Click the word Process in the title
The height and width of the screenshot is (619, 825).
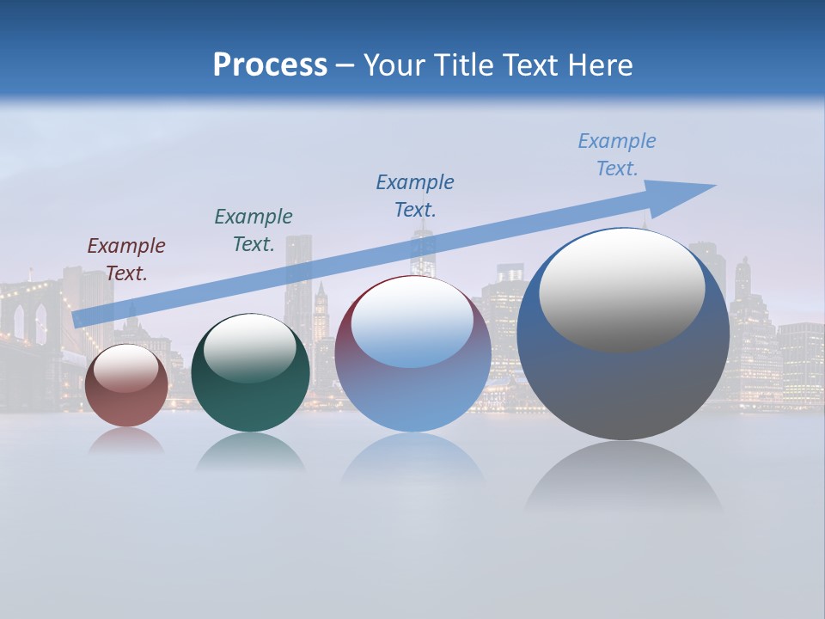(x=270, y=65)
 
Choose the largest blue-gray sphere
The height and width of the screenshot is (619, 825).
(x=623, y=378)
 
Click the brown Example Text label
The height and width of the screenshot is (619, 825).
(x=126, y=259)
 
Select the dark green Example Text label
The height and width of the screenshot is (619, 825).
(x=254, y=230)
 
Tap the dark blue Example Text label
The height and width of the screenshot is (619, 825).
(x=415, y=195)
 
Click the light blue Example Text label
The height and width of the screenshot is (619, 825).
(x=617, y=154)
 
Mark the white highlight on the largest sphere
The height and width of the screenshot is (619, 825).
(x=621, y=288)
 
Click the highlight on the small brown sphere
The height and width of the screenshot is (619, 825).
(x=126, y=368)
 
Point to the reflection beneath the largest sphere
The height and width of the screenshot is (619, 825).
(x=623, y=477)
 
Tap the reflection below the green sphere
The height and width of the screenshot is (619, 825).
(x=250, y=452)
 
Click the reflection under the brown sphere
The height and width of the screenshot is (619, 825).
(x=126, y=441)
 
